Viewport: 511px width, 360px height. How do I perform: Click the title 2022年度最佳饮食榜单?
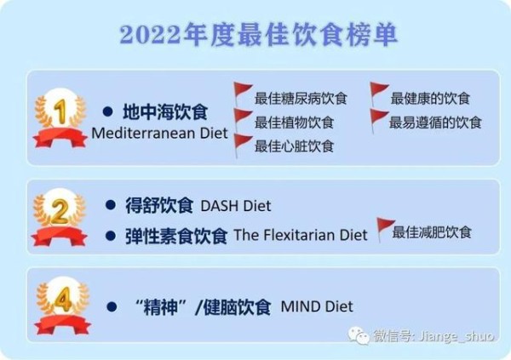258,34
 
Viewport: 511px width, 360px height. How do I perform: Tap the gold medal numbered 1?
60,118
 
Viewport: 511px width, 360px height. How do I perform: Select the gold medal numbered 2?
60,217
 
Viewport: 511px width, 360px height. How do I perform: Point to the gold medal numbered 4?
62,306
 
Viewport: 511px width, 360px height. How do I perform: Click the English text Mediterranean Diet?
159,133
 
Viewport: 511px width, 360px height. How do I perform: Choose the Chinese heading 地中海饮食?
165,112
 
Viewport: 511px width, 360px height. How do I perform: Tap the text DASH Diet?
236,206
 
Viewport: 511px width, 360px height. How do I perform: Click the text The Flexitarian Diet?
301,235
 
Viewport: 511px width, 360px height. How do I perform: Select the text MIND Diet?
317,306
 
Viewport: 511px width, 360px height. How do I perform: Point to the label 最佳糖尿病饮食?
301,99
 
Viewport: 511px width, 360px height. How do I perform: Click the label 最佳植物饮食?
294,123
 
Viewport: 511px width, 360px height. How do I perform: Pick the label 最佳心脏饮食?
294,146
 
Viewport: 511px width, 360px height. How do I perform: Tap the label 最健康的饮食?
430,98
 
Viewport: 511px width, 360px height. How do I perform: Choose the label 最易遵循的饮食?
435,123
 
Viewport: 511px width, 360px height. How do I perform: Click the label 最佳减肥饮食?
432,232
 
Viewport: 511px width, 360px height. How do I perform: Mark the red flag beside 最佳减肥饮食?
385,229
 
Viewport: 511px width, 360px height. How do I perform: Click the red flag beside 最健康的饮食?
379,94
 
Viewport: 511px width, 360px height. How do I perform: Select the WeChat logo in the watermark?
359,335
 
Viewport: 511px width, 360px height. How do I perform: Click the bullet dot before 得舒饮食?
111,205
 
